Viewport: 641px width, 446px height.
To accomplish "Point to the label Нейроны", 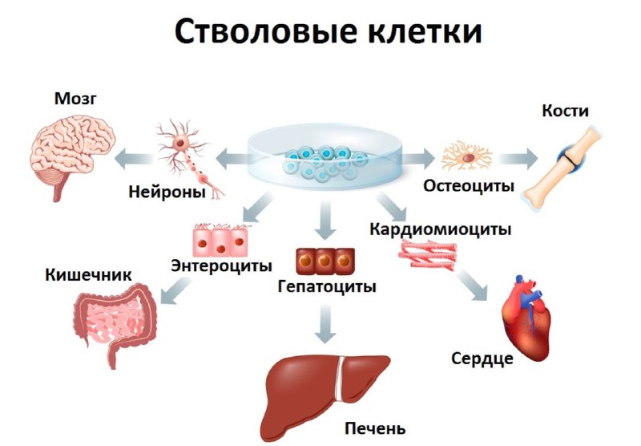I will [167, 193].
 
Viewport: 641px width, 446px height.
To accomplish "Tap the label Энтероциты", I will [222, 265].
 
